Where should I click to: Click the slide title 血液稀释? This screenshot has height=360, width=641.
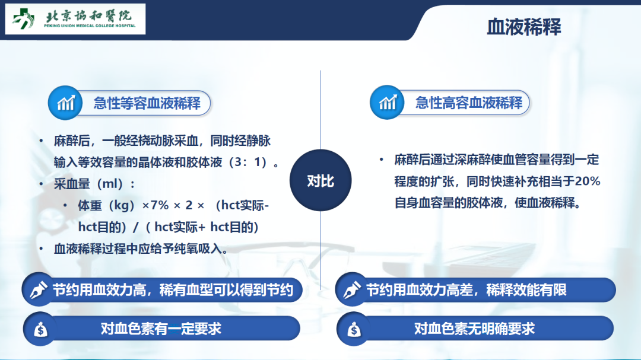point(523,27)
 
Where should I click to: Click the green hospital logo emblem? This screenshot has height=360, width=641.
point(23,19)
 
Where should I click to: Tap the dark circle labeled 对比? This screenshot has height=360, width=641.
point(320,180)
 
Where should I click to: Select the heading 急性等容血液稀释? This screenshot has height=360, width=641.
point(147,103)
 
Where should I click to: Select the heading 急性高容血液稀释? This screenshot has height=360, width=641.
point(469,103)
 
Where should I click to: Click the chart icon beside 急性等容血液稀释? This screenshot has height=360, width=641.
point(65,103)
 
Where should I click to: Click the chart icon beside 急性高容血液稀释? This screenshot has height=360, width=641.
point(387,102)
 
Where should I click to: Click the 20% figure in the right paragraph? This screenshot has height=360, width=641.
point(588,181)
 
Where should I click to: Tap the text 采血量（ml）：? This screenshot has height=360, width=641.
point(95,184)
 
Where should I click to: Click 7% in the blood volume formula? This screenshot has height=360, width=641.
point(159,205)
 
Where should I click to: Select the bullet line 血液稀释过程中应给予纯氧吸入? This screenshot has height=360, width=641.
point(141,249)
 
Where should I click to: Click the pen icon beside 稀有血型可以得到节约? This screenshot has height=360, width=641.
point(39,289)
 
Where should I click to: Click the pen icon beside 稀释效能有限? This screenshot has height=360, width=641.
point(351,289)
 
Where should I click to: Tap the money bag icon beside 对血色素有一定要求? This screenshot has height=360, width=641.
point(40,329)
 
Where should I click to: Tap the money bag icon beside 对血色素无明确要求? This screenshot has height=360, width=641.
point(354,329)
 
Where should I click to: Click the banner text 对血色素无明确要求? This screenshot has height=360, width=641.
point(474,329)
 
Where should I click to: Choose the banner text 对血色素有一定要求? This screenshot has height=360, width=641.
point(161,329)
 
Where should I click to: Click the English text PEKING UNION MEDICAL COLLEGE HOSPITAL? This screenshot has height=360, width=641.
point(90,26)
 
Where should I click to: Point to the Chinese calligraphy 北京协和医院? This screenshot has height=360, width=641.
point(88,15)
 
